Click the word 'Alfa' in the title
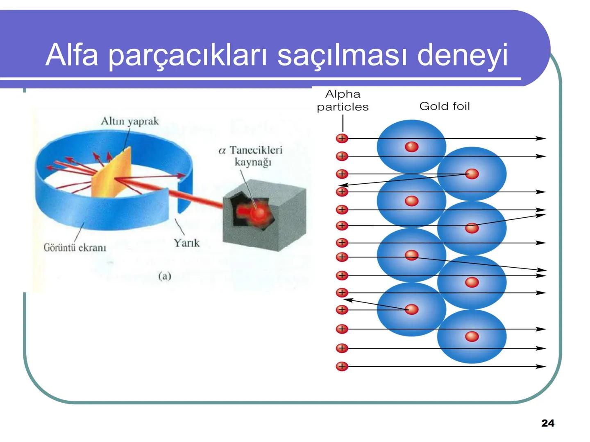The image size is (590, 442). click(72, 54)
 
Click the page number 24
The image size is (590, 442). click(548, 423)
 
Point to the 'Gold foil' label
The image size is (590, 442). click(445, 106)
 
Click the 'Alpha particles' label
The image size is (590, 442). click(343, 100)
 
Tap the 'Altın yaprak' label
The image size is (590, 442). click(129, 121)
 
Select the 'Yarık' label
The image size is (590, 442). click(186, 243)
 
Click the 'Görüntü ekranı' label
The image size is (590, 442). click(75, 248)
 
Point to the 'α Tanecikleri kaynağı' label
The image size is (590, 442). click(251, 156)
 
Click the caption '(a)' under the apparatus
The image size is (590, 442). click(164, 276)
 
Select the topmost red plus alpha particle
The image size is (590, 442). click(342, 138)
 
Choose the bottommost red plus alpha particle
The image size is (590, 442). click(342, 366)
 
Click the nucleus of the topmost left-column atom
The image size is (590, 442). click(411, 147)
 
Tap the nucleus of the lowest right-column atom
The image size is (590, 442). click(472, 336)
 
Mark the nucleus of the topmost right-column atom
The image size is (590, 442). click(472, 174)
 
